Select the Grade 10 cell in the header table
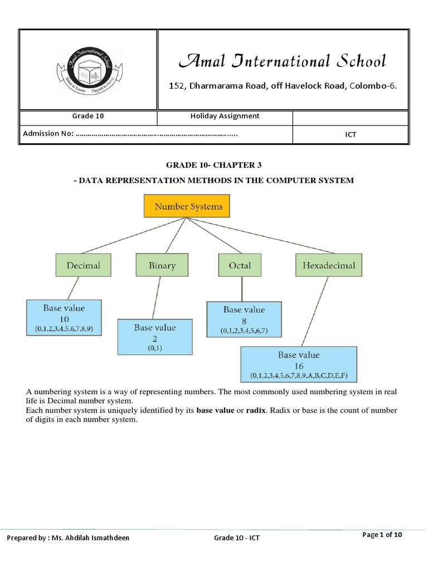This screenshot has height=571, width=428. pyautogui.click(x=88, y=117)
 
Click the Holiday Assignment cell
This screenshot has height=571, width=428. pyautogui.click(x=225, y=117)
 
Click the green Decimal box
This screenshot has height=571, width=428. pyautogui.click(x=84, y=265)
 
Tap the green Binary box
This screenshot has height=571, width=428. pyautogui.click(x=162, y=265)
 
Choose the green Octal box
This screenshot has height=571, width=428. pyautogui.click(x=240, y=265)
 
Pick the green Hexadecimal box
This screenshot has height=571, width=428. pyautogui.click(x=328, y=265)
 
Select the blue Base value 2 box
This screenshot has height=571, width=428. pyautogui.click(x=154, y=337)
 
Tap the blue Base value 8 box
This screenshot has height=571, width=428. pyautogui.click(x=244, y=320)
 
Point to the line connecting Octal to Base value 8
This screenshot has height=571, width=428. pyautogui.click(x=241, y=289)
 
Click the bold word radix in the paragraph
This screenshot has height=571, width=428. pyautogui.click(x=257, y=411)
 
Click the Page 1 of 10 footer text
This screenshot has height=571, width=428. pyautogui.click(x=382, y=535)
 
